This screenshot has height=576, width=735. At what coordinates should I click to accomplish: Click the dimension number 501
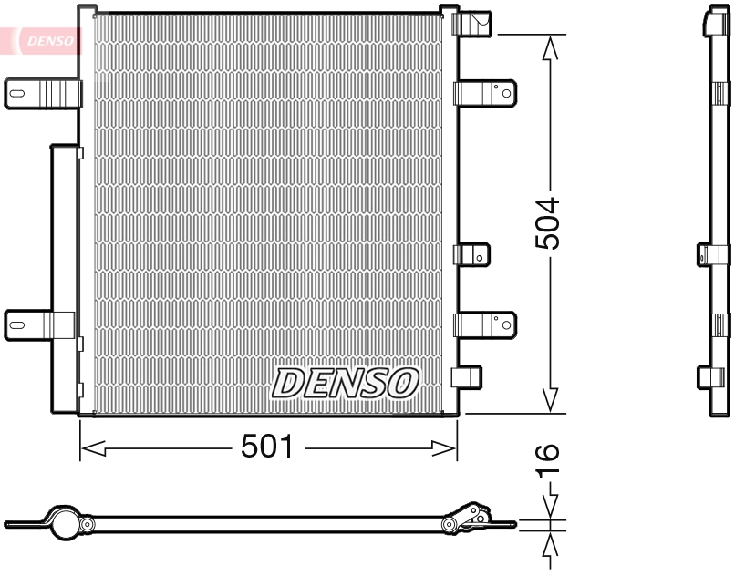[x=267, y=447]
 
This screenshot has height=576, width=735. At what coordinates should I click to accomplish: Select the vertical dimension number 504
[x=547, y=223]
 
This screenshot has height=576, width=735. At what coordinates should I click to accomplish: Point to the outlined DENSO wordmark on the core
[x=345, y=383]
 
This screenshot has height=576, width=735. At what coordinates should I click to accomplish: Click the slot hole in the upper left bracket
[x=18, y=92]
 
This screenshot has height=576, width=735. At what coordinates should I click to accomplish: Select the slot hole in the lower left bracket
[x=18, y=323]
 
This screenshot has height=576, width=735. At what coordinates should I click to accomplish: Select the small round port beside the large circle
[x=88, y=525]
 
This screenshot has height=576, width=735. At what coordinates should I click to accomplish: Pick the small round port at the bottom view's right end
[x=450, y=524]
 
